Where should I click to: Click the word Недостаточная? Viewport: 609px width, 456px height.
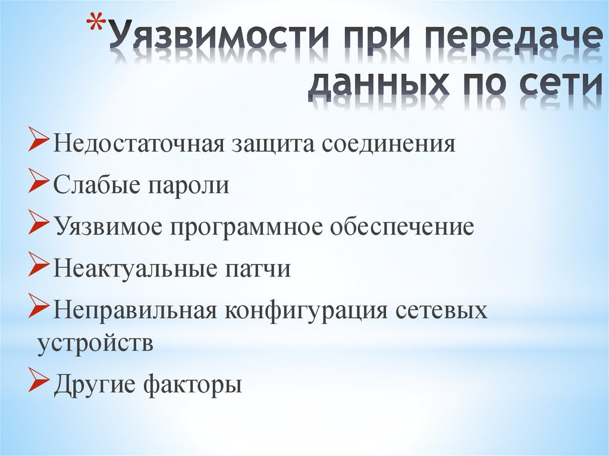[137, 145]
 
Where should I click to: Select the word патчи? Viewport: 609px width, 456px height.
[257, 269]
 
